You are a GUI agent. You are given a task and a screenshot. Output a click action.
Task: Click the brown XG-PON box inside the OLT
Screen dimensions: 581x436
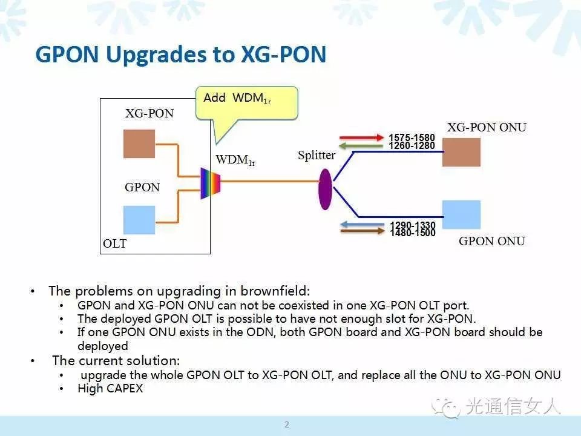[x=139, y=144]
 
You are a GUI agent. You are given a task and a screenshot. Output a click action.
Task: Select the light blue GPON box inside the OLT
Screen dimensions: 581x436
[x=139, y=220]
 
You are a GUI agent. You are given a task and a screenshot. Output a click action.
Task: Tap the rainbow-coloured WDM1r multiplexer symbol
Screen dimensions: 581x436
[x=211, y=183]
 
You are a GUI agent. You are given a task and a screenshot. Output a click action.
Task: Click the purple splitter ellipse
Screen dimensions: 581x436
[x=325, y=189]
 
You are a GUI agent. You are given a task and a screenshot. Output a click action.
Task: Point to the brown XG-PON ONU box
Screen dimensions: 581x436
[x=461, y=153]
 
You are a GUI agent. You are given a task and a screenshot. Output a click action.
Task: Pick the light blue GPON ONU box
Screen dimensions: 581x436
[x=461, y=214]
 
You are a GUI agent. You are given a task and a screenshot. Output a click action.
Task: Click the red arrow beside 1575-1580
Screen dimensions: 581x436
[x=362, y=137]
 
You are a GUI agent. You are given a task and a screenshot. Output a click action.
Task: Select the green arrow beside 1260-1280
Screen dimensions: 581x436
[x=361, y=146]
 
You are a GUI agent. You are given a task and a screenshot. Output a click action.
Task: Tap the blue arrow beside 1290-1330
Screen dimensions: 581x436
[x=362, y=224]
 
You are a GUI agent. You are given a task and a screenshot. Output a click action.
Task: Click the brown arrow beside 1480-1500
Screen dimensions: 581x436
[x=363, y=231]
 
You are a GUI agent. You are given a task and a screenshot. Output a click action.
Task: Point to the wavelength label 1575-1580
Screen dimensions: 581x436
[x=412, y=137]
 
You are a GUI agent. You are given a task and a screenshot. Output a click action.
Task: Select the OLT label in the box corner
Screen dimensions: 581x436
[x=115, y=243]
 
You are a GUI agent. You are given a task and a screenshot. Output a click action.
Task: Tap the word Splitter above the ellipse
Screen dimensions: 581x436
[x=317, y=155]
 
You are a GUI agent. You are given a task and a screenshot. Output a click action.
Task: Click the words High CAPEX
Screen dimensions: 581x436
[x=110, y=388]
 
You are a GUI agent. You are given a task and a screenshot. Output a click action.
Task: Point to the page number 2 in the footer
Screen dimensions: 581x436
[x=287, y=424]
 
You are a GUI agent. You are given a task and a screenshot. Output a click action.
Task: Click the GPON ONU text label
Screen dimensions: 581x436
[x=491, y=241]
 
